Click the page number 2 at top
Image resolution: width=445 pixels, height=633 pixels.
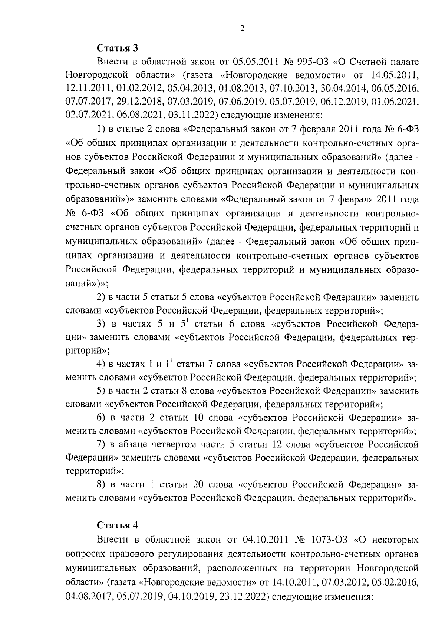[242, 29]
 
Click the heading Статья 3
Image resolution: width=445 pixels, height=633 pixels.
[118, 48]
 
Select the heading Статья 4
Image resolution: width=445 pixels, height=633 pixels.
[118, 525]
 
